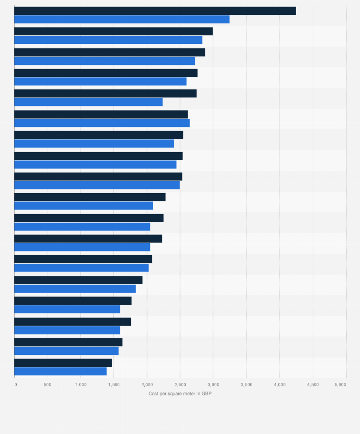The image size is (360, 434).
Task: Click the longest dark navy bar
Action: pos(155,11)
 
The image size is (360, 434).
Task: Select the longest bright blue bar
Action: pos(122,20)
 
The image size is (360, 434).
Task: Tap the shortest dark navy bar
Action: pos(63,363)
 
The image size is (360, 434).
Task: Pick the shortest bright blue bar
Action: pos(61,372)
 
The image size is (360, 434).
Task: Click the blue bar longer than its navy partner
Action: pos(102,123)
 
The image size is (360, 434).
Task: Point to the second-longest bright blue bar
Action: pos(108,40)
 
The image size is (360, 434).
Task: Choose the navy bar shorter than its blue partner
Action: pos(101,114)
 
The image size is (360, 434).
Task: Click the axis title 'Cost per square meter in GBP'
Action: pos(180,393)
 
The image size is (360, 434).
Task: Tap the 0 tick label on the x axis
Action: pos(15,384)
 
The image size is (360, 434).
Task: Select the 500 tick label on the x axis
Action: pos(47,384)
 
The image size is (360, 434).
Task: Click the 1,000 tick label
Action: pos(81,384)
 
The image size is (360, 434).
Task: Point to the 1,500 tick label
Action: pos(114,384)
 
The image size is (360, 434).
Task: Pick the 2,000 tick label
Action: pos(147,384)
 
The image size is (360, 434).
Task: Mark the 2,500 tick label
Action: pos(180,384)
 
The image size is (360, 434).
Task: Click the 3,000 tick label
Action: pos(213,384)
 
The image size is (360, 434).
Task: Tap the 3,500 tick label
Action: pos(246,384)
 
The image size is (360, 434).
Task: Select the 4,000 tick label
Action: pos(280,384)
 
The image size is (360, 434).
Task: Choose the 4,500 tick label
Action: pos(313,384)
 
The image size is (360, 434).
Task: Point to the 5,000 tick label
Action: pos(340,384)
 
